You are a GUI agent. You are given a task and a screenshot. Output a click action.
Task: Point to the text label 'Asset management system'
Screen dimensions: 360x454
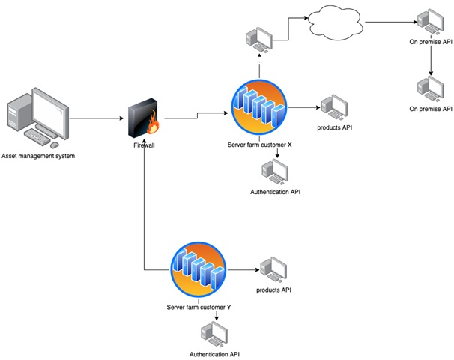pos(43,156)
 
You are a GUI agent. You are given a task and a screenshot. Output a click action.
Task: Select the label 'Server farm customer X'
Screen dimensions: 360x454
pos(260,143)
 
